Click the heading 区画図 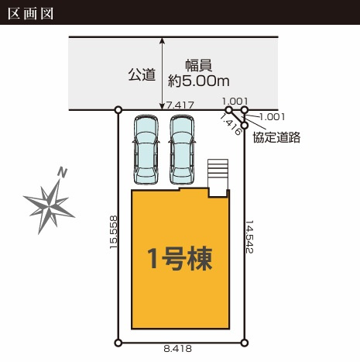pos(30,13)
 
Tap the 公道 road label pos(142,74)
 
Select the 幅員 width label pos(199,65)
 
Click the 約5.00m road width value pos(198,81)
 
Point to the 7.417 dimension pos(180,105)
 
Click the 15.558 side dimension pos(114,233)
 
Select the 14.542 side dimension pos(249,236)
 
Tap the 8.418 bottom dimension pos(178,349)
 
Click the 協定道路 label pos(276,137)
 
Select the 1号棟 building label pos(180,259)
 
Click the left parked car pos(146,150)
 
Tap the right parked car pos(182,150)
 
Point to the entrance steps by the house pos(218,178)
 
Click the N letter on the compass pos(62,172)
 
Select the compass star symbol pos(49,205)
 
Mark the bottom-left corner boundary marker pos(118,343)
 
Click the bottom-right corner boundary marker pos(244,343)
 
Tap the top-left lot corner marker pos(118,110)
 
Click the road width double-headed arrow pos(162,74)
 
